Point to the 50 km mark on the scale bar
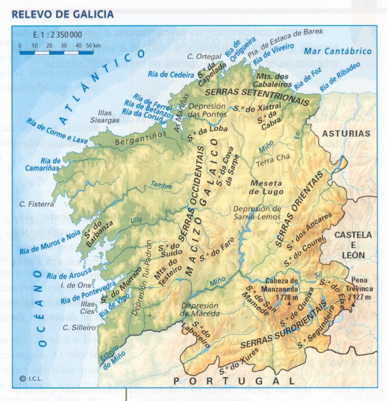(x=89, y=45)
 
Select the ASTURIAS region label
(x=346, y=134)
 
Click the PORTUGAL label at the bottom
(x=233, y=380)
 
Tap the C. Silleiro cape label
(x=79, y=327)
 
